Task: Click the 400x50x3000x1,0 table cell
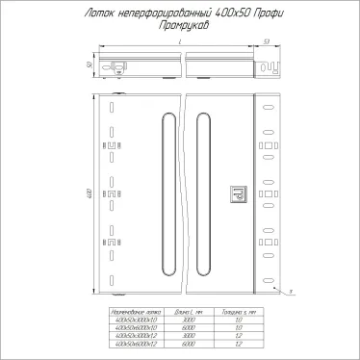click(x=133, y=321)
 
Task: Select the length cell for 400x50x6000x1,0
click(x=188, y=327)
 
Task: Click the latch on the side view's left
click(x=118, y=67)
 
